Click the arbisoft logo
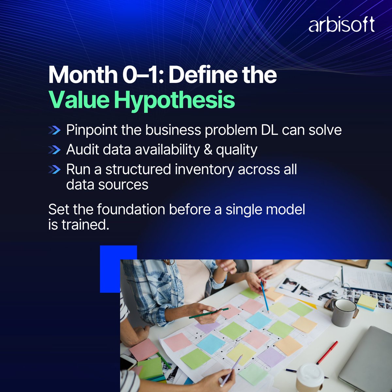[x=341, y=25]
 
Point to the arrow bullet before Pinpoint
[x=54, y=130]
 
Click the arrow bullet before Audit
[x=54, y=150]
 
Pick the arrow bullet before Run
[x=54, y=170]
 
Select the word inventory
[x=204, y=170]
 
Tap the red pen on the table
[x=327, y=352]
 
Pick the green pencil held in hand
[x=209, y=313]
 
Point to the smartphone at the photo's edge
[x=128, y=361]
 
